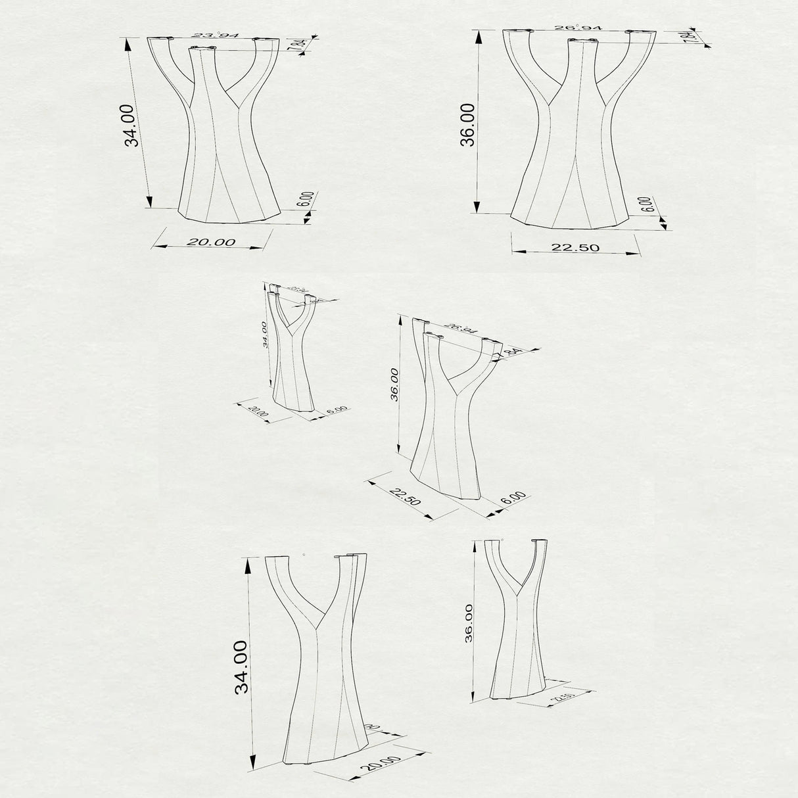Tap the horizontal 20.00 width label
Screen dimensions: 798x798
pyautogui.click(x=211, y=242)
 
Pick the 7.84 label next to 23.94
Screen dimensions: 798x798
pyautogui.click(x=300, y=45)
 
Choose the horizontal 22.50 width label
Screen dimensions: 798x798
pyautogui.click(x=576, y=247)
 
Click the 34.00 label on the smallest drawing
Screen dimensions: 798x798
pyautogui.click(x=264, y=334)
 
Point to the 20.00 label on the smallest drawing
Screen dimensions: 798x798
pyautogui.click(x=258, y=413)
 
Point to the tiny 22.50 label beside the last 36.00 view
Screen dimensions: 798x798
pyautogui.click(x=559, y=698)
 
